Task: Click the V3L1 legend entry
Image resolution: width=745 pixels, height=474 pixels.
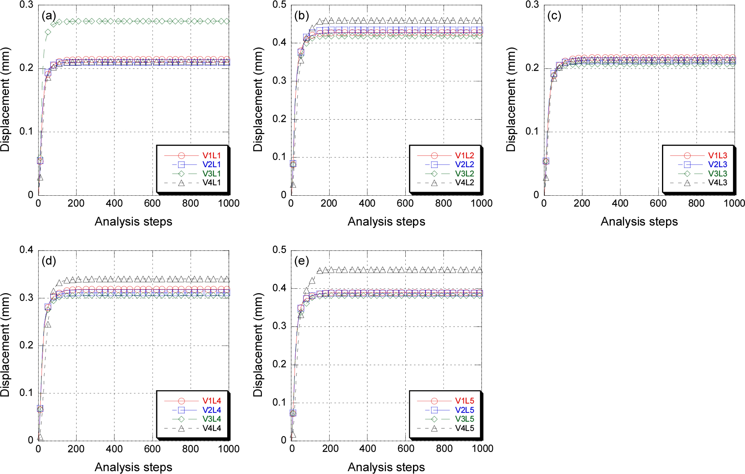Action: pos(212,174)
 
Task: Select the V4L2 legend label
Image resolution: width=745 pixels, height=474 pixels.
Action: pos(465,183)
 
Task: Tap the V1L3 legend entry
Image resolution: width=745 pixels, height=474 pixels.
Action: pos(718,155)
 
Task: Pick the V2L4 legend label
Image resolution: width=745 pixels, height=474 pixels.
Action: pos(212,410)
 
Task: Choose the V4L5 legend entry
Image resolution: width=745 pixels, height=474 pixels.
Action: pos(465,428)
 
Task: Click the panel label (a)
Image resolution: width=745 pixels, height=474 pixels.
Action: pos(49,16)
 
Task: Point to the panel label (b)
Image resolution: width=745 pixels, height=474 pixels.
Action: pos(301,16)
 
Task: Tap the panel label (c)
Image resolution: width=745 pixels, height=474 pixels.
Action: pos(554,16)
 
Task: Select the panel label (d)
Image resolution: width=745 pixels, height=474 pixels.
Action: pos(49,261)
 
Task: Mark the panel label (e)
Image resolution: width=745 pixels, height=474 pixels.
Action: pos(301,261)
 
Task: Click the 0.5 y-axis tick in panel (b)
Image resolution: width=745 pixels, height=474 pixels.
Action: pos(279,5)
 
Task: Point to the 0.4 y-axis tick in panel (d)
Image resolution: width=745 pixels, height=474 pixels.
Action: pos(27,250)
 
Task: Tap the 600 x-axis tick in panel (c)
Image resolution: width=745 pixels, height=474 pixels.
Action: pos(658,203)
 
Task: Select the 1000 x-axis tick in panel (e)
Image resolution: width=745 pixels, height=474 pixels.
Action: pos(482,449)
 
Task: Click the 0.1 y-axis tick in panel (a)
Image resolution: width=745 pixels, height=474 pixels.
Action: pos(27,131)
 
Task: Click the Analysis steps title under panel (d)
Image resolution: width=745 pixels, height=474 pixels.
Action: pos(133,467)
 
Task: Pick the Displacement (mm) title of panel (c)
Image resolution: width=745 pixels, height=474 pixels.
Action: pos(511,99)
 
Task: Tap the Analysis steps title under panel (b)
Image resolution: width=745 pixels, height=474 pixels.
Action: pos(386,221)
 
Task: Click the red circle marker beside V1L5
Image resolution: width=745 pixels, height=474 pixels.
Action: pos(434,401)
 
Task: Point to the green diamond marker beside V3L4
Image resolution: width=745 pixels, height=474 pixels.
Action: pos(181,419)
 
